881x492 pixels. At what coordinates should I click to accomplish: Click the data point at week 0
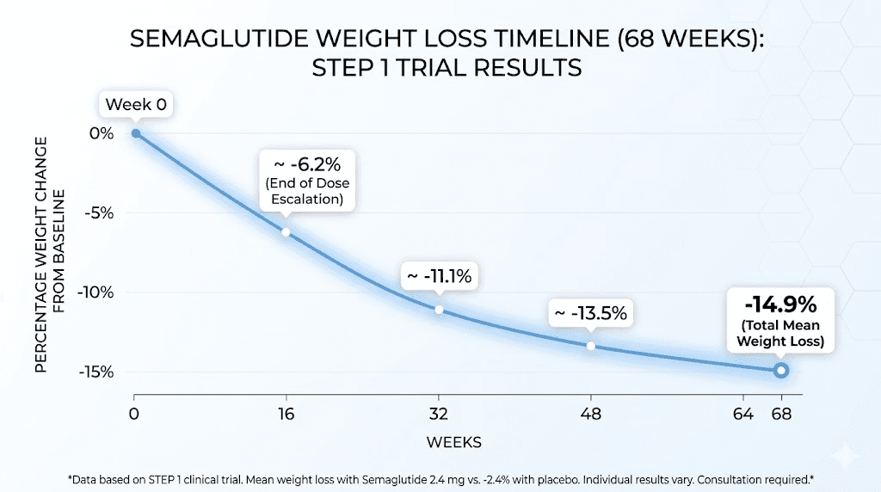pyautogui.click(x=135, y=133)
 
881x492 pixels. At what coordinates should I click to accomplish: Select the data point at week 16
pyautogui.click(x=286, y=232)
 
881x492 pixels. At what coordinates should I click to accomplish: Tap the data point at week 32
pyautogui.click(x=439, y=310)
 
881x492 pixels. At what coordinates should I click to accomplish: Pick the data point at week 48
pyautogui.click(x=590, y=346)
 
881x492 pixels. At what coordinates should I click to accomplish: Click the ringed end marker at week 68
pyautogui.click(x=780, y=370)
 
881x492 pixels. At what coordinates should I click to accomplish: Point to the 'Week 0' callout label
pyautogui.click(x=135, y=106)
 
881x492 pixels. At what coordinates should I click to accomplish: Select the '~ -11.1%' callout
pyautogui.click(x=440, y=277)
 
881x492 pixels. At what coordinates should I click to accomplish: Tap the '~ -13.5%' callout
pyautogui.click(x=590, y=313)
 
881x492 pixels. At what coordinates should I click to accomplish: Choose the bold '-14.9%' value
pyautogui.click(x=780, y=304)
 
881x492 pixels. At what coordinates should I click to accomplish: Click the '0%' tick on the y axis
pyautogui.click(x=102, y=133)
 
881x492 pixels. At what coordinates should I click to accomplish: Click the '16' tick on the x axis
pyautogui.click(x=286, y=413)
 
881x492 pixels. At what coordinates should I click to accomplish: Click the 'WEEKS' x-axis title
pyautogui.click(x=453, y=442)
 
